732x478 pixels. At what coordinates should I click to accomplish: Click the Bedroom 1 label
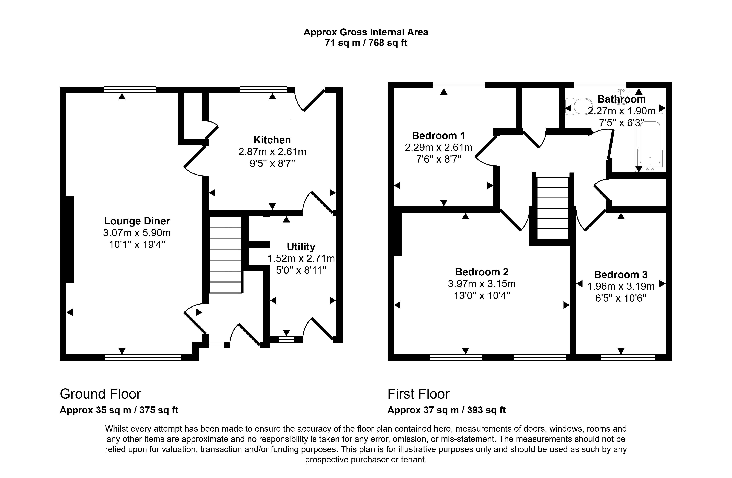tap(438, 136)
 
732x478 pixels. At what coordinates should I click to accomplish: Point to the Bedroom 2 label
tap(482, 272)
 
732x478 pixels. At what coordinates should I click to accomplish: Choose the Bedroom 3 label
tap(621, 274)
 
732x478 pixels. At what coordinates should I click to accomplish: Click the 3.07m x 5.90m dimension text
tap(137, 233)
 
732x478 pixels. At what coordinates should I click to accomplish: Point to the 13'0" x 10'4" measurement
tap(482, 296)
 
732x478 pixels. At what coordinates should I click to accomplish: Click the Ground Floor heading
tap(100, 394)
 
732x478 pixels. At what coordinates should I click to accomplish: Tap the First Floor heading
tap(418, 394)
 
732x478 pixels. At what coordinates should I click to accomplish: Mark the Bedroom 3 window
tap(628, 357)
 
